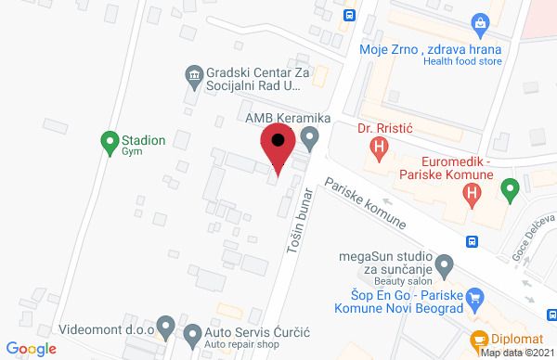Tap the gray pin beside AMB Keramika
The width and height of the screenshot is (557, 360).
311,139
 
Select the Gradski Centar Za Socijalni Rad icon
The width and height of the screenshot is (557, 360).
193,74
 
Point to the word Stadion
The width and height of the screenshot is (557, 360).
143,141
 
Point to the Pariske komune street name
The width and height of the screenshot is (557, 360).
365,205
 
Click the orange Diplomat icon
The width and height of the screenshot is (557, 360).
480,341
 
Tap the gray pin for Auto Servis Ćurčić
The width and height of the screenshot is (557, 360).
193,333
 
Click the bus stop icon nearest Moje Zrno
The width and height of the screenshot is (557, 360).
350,14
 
